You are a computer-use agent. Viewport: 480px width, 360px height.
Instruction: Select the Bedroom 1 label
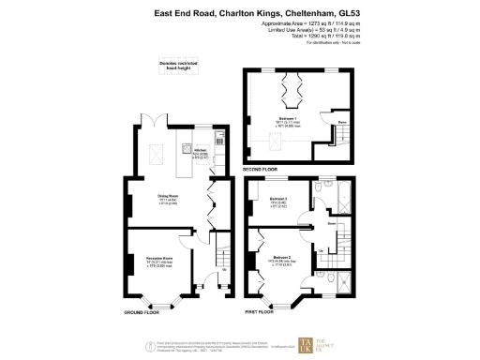click(x=289, y=119)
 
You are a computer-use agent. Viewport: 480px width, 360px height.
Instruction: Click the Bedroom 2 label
click(x=283, y=257)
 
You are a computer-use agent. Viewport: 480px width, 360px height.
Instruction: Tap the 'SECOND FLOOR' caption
click(x=260, y=170)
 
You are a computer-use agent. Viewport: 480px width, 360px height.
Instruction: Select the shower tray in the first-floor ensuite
click(x=347, y=283)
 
